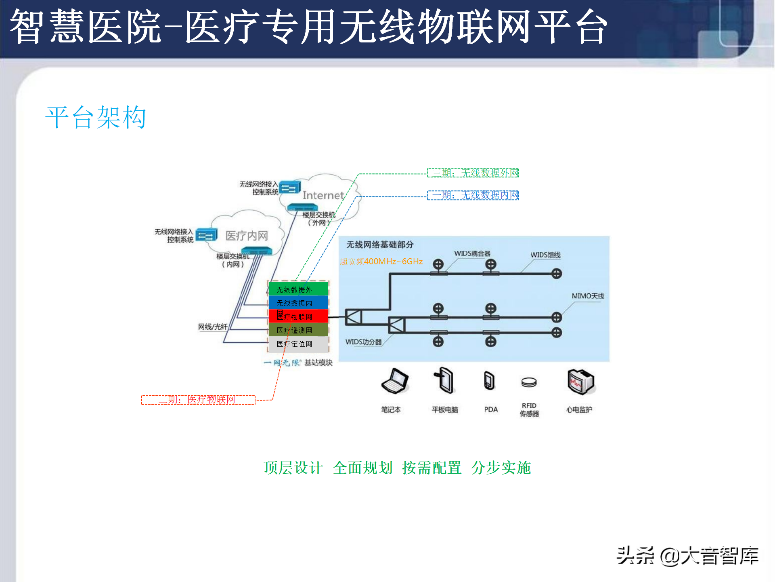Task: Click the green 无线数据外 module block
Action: (298, 289)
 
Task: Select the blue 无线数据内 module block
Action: (298, 303)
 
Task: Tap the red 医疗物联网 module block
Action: (298, 316)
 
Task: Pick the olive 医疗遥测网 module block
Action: (298, 330)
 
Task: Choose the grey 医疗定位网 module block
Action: (298, 344)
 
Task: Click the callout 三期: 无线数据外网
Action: (473, 173)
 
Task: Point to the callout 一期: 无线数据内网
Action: (473, 195)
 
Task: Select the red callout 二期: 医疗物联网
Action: (198, 400)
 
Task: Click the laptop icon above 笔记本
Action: (394, 381)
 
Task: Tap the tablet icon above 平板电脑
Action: (444, 380)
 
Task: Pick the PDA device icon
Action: (489, 381)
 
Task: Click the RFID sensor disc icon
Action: (529, 382)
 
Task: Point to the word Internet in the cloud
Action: (323, 196)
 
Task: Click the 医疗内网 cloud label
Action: (247, 236)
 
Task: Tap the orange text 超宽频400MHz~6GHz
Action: (381, 261)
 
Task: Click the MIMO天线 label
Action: (588, 296)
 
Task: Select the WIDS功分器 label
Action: (363, 342)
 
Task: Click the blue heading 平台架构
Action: (96, 118)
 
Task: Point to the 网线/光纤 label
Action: (213, 327)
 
